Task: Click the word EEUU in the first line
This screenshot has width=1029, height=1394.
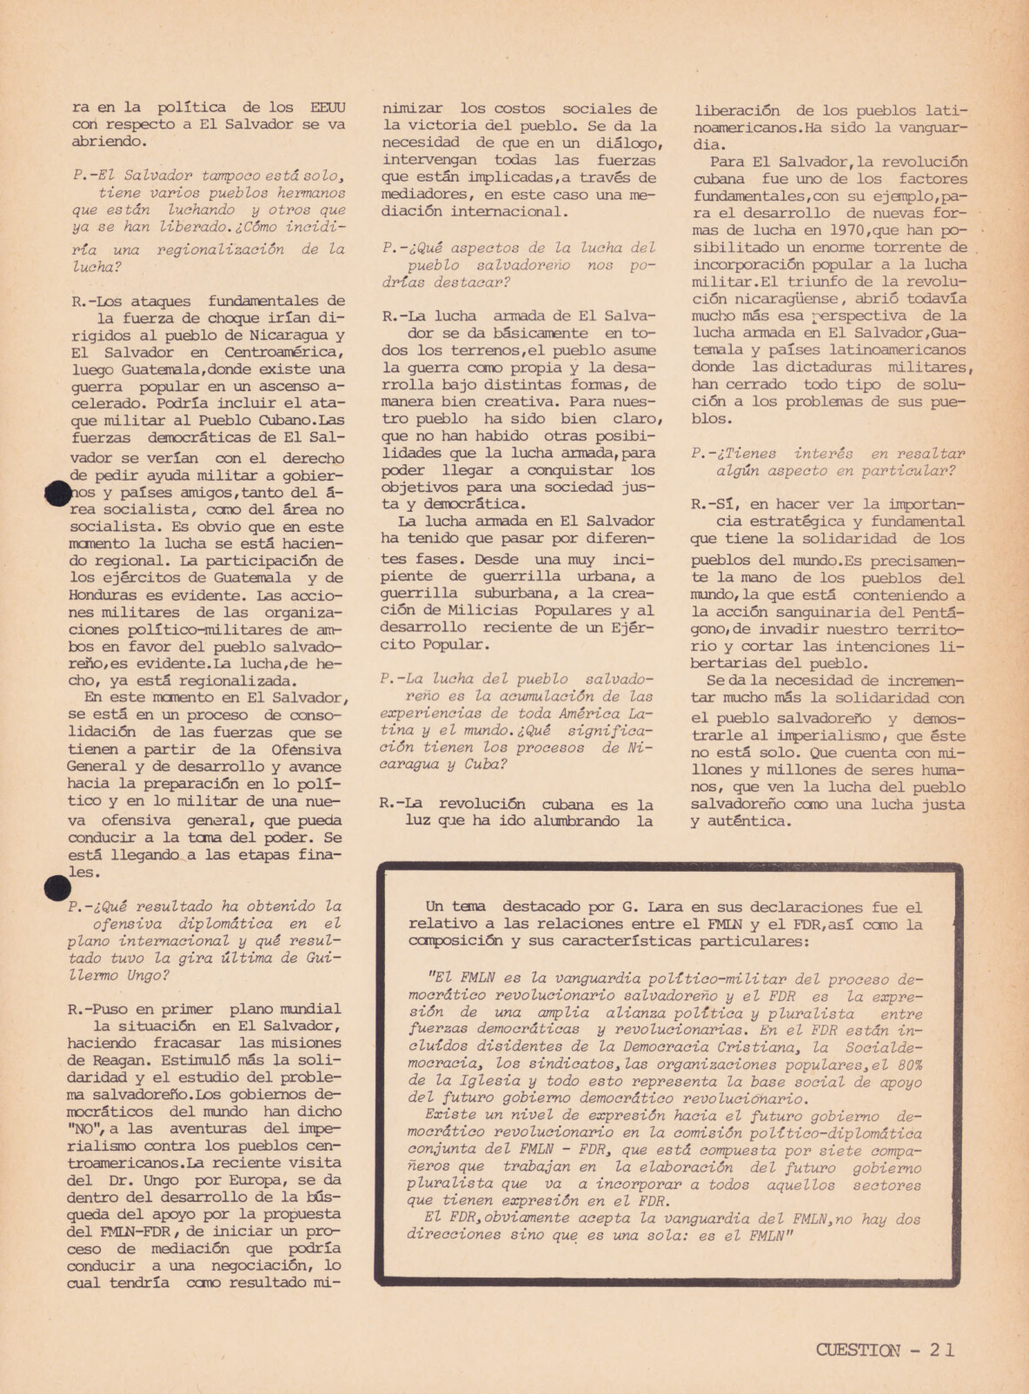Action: [327, 108]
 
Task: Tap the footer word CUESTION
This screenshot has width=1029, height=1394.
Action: [858, 1350]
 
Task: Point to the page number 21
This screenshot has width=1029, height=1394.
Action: [941, 1350]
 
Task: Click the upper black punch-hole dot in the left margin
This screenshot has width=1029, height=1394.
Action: [56, 493]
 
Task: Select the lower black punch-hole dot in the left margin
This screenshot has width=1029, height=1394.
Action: [56, 887]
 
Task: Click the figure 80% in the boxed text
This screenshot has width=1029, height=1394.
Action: [906, 1065]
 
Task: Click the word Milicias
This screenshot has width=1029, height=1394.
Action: [485, 610]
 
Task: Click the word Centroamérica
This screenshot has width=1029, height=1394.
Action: [284, 352]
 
